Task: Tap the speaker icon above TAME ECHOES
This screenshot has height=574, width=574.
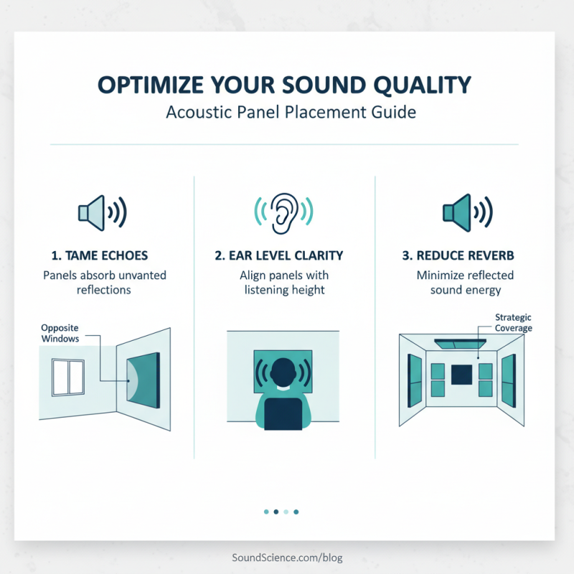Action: point(102,212)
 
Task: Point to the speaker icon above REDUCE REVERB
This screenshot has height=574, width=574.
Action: point(466,212)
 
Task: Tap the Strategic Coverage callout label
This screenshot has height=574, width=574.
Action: point(514,322)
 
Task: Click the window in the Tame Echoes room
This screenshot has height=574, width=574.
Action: point(70,377)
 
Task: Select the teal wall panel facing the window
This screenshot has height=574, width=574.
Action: point(143,381)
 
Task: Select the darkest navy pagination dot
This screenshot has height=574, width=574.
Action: point(276,512)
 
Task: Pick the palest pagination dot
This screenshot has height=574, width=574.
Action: point(286,512)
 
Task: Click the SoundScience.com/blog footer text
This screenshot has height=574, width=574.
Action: point(287,557)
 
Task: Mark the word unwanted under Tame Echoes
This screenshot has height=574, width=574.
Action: point(143,275)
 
